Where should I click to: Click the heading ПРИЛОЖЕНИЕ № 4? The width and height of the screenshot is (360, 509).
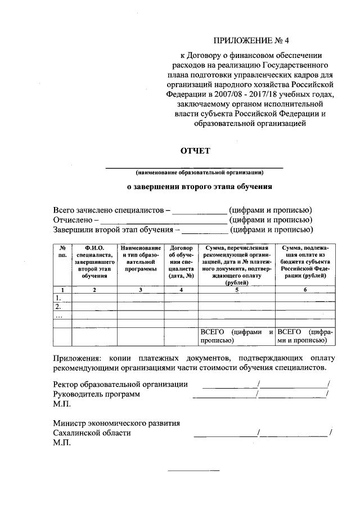click(x=254, y=40)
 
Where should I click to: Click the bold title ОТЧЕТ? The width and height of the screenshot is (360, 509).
click(x=195, y=151)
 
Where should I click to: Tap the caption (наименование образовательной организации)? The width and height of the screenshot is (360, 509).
click(x=195, y=172)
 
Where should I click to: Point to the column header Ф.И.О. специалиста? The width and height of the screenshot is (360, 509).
click(x=94, y=262)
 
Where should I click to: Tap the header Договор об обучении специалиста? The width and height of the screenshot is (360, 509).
click(x=181, y=262)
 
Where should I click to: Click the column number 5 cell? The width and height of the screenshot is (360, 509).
click(x=237, y=289)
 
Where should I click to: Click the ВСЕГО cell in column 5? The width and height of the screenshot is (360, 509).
click(x=237, y=336)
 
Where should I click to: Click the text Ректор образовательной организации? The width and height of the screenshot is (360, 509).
click(x=120, y=384)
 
